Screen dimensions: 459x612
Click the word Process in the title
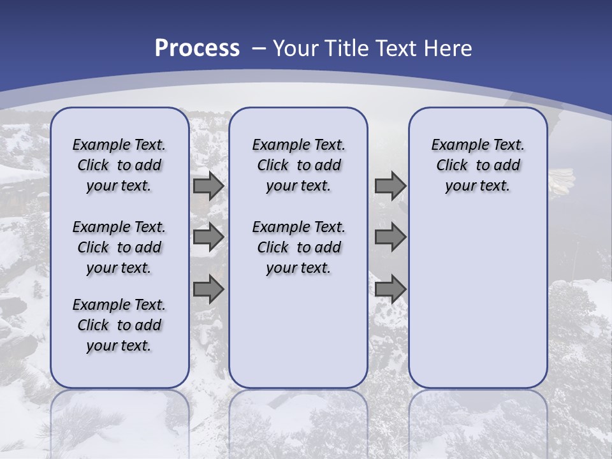point(197,48)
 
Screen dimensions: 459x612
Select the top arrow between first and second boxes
point(208,186)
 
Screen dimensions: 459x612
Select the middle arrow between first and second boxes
point(208,237)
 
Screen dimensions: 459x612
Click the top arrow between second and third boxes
point(390,186)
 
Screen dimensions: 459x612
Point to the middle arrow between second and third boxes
point(390,237)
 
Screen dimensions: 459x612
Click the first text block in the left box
point(119,165)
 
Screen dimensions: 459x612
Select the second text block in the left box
point(119,247)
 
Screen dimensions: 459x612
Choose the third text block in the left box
point(119,325)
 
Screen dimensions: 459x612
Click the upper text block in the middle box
point(298,165)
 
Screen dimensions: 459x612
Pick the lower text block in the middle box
point(298,247)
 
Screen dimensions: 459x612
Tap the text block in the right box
point(477,165)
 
